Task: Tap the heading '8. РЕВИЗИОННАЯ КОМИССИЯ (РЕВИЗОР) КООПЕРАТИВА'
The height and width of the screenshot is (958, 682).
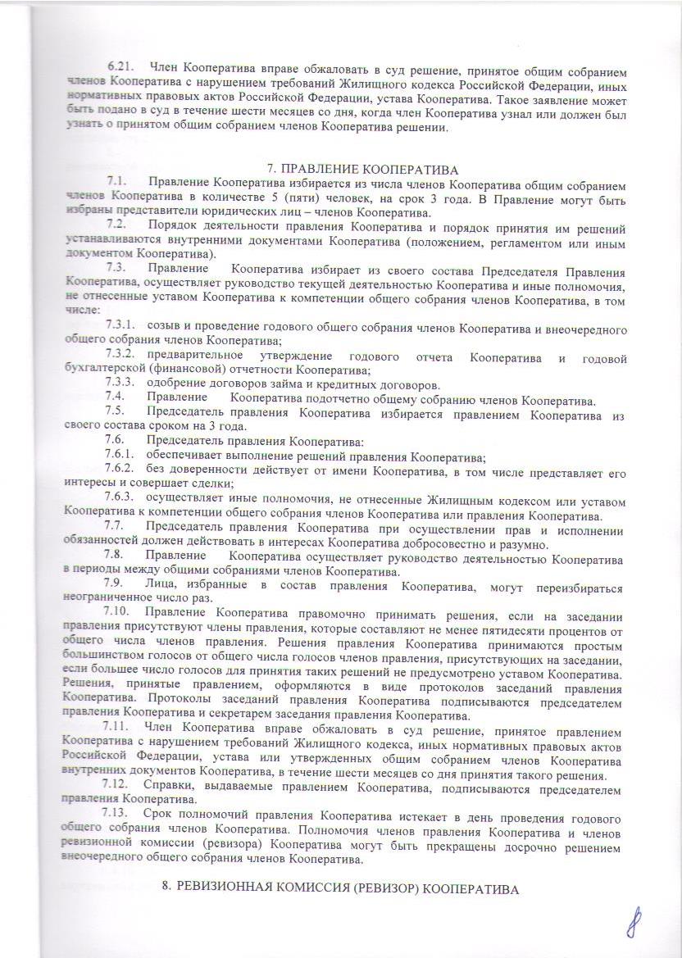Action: tap(342, 888)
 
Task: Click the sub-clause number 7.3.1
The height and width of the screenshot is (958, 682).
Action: tap(125, 329)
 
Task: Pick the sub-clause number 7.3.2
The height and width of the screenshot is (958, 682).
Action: tap(125, 356)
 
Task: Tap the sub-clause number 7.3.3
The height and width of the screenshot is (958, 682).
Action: tap(125, 384)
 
